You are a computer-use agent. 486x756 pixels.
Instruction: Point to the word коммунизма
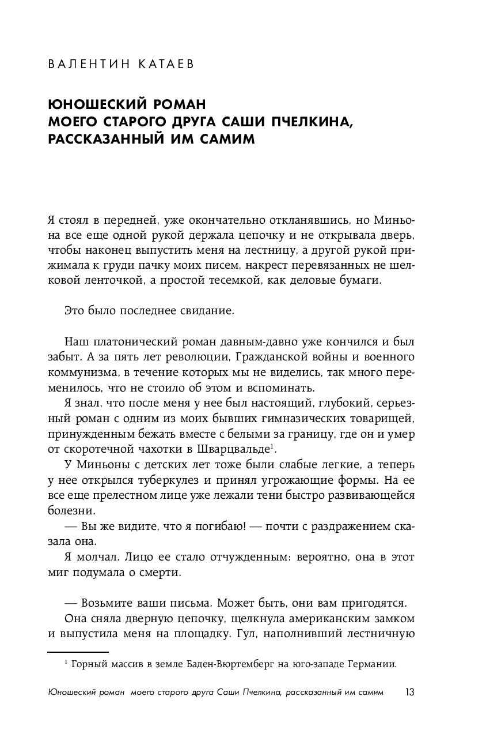82,371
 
